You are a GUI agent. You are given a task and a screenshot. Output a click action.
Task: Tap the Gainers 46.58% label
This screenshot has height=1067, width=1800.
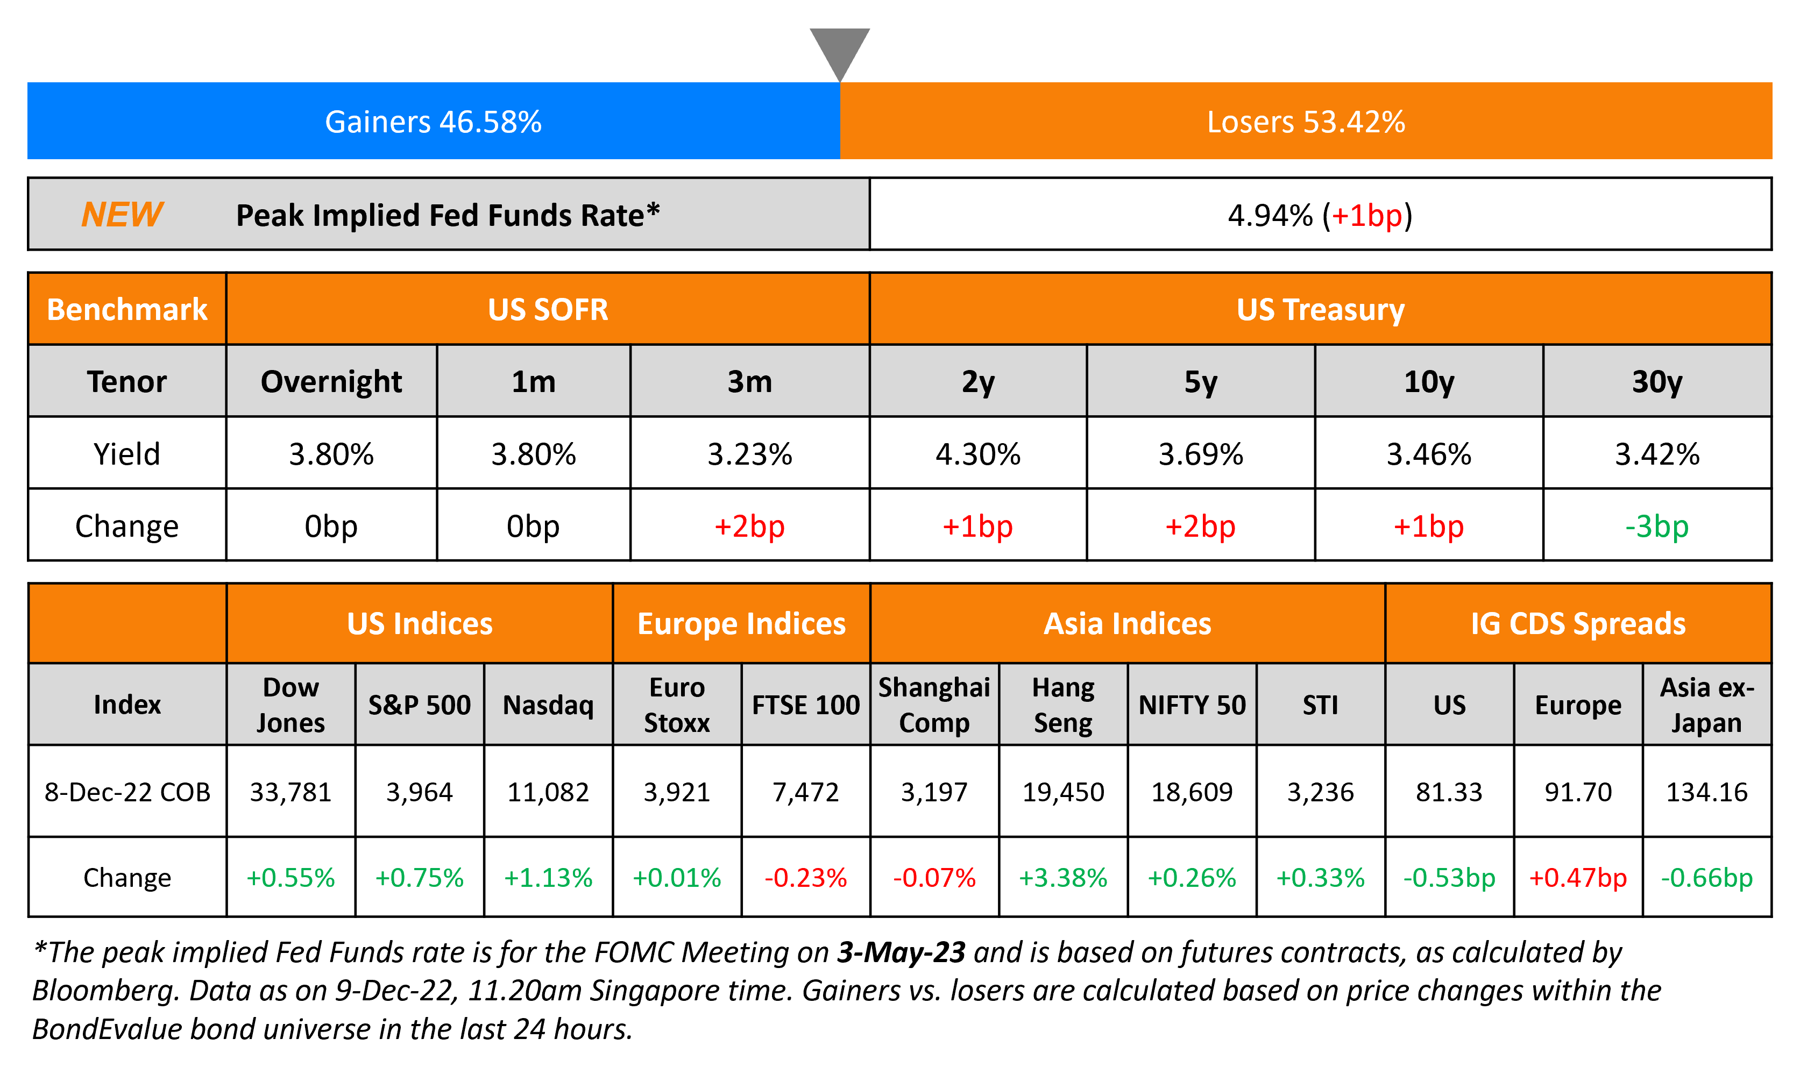tap(433, 122)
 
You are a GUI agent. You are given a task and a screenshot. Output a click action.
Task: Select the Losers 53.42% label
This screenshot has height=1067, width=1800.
tap(1305, 122)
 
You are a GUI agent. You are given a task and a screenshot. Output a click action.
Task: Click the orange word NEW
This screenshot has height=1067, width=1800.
tap(122, 214)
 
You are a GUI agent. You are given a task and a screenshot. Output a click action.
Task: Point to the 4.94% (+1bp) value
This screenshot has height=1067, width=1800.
tap(1320, 215)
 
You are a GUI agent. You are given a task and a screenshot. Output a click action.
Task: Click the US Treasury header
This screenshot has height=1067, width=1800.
tap(1320, 309)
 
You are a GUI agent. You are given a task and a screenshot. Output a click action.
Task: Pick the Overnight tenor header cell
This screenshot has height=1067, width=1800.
tap(331, 381)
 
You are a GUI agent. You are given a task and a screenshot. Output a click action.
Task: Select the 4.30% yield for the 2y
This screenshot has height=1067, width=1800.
tap(977, 454)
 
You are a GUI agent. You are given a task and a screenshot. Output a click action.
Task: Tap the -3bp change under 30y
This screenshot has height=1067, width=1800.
tap(1656, 527)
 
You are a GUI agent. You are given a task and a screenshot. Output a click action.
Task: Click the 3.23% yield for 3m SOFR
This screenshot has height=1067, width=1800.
tap(749, 454)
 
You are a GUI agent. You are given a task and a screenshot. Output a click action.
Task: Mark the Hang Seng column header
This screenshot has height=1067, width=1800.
tap(1063, 705)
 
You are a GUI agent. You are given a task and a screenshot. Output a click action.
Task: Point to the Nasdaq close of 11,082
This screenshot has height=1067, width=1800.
tap(548, 792)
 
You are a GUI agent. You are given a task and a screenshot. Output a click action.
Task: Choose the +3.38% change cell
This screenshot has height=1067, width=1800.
tap(1063, 877)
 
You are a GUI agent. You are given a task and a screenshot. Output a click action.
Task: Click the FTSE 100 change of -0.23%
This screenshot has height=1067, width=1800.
tap(805, 877)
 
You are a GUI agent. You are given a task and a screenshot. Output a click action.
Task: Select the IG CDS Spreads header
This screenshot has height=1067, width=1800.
tap(1578, 623)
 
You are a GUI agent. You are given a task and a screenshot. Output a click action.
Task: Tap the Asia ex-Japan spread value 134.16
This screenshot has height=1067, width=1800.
tap(1706, 792)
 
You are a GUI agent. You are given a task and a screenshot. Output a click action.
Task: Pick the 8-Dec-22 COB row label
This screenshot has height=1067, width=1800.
tap(127, 792)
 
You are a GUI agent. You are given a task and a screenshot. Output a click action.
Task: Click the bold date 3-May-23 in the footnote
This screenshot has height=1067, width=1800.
tap(901, 952)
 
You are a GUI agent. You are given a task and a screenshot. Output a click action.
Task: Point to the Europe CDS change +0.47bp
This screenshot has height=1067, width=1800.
tap(1578, 877)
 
